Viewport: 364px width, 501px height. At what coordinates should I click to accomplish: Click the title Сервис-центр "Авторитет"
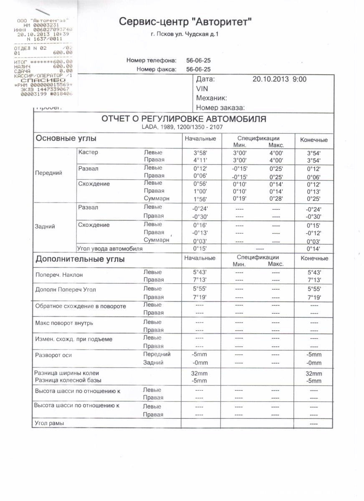186,21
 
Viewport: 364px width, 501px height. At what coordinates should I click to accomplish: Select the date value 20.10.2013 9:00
280,79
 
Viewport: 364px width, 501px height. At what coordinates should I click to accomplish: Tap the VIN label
202,89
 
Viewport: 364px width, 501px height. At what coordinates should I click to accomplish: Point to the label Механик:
211,98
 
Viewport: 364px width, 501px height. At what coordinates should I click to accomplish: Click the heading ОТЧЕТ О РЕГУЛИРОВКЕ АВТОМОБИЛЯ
184,119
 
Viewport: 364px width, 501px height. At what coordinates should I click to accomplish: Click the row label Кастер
88,152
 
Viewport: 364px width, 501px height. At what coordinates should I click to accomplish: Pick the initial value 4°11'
200,160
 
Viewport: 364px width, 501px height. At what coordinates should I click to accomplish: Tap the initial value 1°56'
200,199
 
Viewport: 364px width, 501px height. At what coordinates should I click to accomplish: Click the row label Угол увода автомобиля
110,249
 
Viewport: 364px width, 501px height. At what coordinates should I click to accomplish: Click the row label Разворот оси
53,355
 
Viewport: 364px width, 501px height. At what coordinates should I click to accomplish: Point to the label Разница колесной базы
68,380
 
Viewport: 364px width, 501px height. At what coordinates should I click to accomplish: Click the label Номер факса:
157,69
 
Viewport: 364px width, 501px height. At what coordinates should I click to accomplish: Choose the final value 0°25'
313,199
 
